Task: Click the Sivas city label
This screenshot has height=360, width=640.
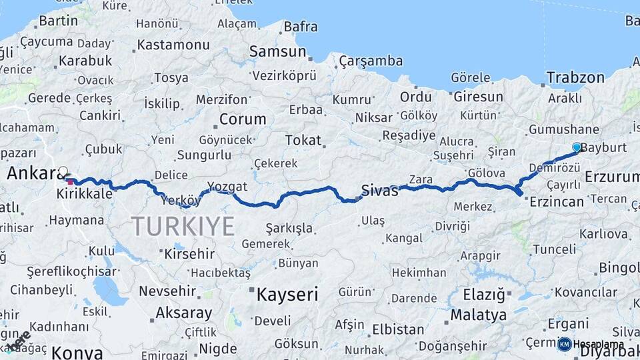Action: tap(379, 191)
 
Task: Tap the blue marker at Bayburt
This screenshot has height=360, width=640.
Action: tap(577, 147)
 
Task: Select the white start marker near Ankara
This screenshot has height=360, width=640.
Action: tap(63, 171)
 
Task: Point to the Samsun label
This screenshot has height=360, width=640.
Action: tap(277, 51)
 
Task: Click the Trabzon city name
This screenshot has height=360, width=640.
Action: tap(575, 78)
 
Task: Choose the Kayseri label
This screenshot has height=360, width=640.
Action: tap(287, 294)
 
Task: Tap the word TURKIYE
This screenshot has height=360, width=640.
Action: tap(183, 226)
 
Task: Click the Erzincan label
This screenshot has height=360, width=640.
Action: tap(557, 201)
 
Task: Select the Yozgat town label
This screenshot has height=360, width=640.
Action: tap(227, 186)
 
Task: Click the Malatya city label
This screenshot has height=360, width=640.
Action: tap(478, 315)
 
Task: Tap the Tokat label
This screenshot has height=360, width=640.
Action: tap(303, 141)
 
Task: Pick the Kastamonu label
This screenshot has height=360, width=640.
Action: tap(173, 45)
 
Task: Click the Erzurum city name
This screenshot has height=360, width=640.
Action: tap(612, 177)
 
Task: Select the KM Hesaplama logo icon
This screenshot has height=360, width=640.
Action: tap(565, 344)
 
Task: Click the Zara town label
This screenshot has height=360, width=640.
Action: tap(421, 179)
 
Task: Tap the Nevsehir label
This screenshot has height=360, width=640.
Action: tap(167, 291)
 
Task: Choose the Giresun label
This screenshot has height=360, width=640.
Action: tap(478, 97)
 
